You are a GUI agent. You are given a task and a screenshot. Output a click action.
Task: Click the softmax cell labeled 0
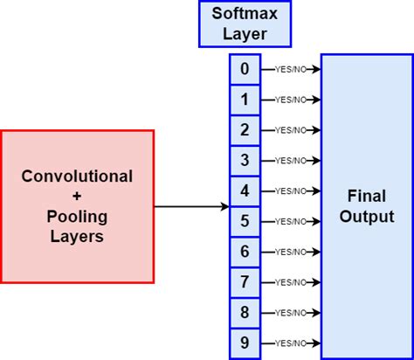click(x=245, y=69)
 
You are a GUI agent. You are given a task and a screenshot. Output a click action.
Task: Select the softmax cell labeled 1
click(x=245, y=100)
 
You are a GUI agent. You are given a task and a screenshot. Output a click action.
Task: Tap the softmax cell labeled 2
click(x=245, y=130)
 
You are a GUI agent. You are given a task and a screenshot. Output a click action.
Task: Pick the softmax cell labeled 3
click(x=245, y=160)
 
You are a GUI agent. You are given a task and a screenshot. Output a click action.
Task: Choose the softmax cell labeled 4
click(x=245, y=190)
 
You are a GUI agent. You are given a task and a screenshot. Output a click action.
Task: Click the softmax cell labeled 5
click(x=245, y=221)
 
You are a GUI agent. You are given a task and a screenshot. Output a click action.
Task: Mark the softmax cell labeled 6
click(x=245, y=252)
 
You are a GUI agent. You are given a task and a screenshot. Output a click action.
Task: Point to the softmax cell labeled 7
click(x=245, y=281)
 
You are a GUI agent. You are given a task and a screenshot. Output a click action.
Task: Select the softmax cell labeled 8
click(x=245, y=312)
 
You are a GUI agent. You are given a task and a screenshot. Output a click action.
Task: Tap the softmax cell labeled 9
click(x=245, y=343)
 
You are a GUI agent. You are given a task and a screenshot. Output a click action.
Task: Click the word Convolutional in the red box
click(x=77, y=177)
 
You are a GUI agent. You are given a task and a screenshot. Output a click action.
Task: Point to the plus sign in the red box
click(x=77, y=197)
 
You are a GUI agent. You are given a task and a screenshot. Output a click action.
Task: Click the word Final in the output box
click(x=367, y=197)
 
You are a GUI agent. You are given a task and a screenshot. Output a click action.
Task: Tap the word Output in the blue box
click(x=367, y=217)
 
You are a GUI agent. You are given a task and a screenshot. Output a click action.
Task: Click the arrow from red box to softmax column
click(x=192, y=207)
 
